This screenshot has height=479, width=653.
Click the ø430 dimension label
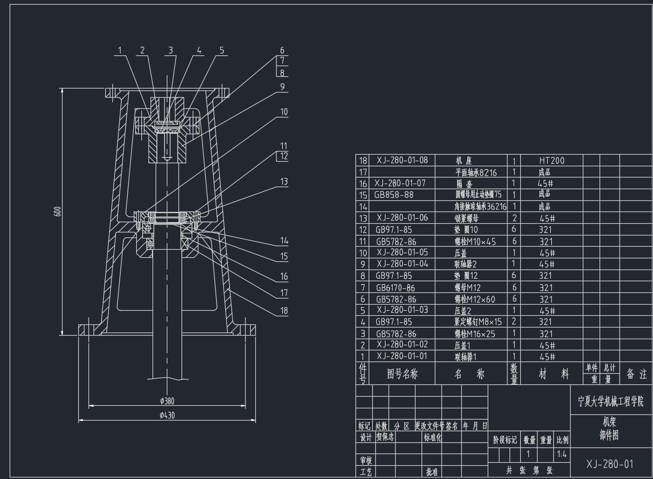167,415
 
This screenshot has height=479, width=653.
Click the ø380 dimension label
167,401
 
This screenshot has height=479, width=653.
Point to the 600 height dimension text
57,212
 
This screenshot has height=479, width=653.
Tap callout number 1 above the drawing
120,50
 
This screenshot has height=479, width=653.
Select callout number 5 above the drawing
222,50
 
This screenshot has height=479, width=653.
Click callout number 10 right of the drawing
284,112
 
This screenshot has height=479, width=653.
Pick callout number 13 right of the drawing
284,182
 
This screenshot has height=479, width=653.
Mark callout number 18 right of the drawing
284,311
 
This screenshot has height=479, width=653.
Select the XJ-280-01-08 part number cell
402,160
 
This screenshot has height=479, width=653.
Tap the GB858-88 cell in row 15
394,195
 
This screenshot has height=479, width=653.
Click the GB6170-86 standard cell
396,288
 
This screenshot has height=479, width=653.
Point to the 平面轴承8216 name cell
476,172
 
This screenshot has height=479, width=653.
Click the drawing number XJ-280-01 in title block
610,464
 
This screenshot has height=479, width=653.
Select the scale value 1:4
562,454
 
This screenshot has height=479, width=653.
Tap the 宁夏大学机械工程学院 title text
610,401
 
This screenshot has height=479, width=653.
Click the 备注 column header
636,374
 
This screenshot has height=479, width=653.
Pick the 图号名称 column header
402,374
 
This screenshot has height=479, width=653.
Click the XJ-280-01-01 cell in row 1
402,356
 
